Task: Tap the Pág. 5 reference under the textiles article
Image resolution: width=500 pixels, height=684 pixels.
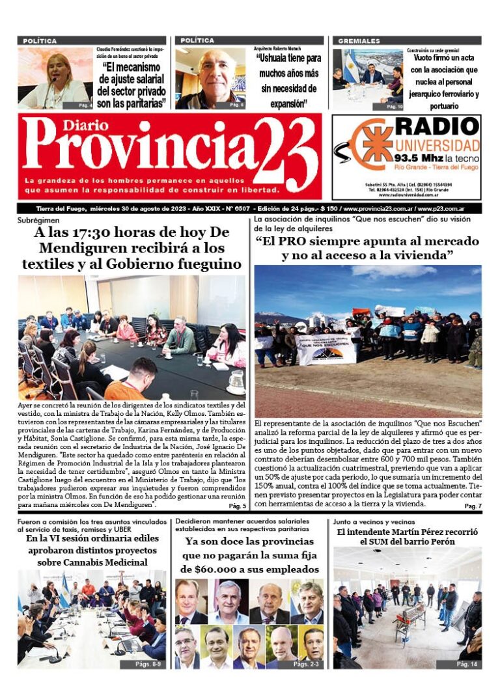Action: [237, 505]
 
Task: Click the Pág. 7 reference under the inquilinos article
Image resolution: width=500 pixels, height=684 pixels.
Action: [473, 506]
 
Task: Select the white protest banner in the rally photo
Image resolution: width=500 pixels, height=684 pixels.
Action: [326, 349]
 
